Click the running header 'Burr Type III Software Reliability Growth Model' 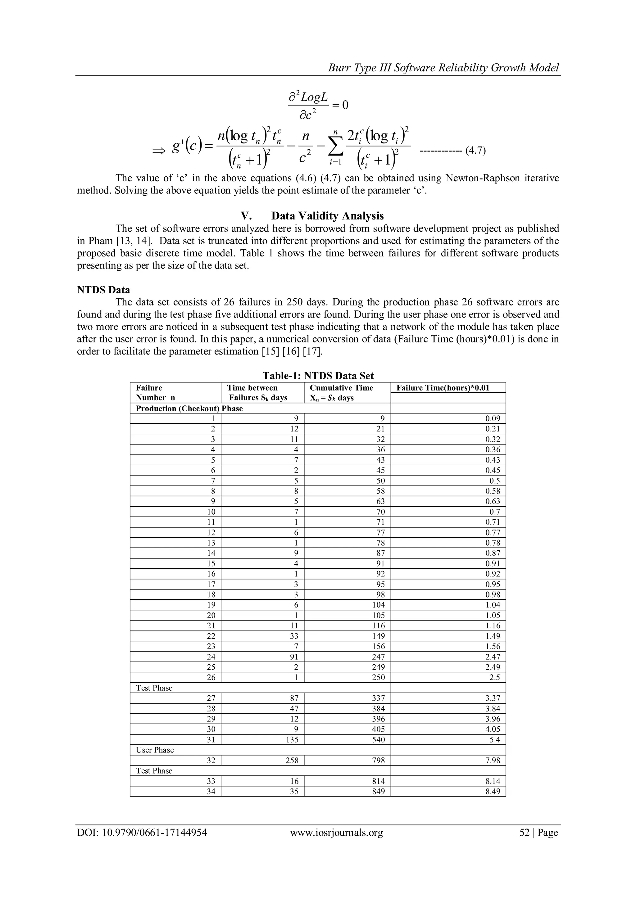[x=443, y=68]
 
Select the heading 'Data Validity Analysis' [x=327, y=216]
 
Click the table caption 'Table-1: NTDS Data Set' [x=318, y=376]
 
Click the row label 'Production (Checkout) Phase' [x=189, y=409]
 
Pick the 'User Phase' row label [x=155, y=750]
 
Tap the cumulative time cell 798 [x=378, y=760]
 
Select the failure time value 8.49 [x=493, y=791]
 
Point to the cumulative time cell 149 [x=378, y=636]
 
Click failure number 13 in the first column [x=211, y=543]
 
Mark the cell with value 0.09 [x=493, y=418]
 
